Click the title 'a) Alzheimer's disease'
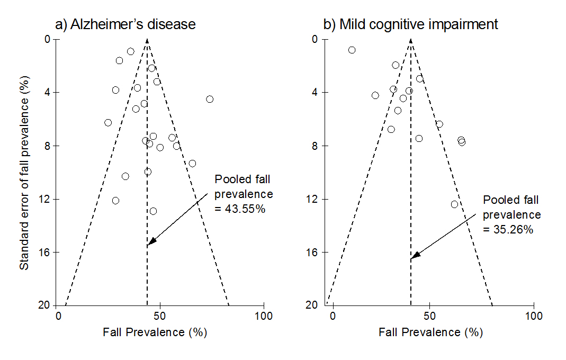click(125, 24)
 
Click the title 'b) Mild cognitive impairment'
click(410, 24)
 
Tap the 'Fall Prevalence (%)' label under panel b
click(430, 332)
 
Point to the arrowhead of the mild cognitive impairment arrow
click(413, 257)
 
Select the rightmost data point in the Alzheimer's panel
click(210, 99)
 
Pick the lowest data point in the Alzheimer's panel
click(153, 211)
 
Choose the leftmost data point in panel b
click(352, 50)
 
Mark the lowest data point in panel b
click(454, 204)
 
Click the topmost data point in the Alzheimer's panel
click(130, 51)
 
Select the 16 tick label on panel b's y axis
click(314, 253)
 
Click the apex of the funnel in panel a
click(147, 40)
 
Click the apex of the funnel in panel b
click(411, 40)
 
